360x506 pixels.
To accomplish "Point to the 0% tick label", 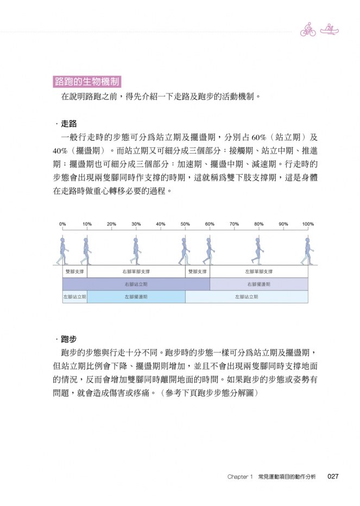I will click(x=62, y=224).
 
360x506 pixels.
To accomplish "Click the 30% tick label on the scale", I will click(x=136, y=224).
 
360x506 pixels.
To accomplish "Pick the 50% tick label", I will click(x=185, y=224).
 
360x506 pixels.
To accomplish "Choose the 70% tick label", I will click(x=234, y=224).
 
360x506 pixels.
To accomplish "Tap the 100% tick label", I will click(x=308, y=224).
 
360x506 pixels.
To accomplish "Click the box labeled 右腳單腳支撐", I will click(x=136, y=271).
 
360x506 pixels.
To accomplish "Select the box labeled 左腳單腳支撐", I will click(x=258, y=271).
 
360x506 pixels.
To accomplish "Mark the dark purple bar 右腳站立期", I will click(x=136, y=284).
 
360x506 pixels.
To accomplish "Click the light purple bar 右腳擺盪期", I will click(x=258, y=284).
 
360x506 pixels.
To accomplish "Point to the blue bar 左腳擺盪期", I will click(x=136, y=297).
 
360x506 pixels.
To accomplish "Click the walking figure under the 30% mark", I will click(x=135, y=250).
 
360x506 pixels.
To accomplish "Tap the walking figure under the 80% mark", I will click(x=258, y=250).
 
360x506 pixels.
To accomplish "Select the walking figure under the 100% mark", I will click(x=308, y=250).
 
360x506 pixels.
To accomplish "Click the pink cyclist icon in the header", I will click(x=308, y=30).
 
